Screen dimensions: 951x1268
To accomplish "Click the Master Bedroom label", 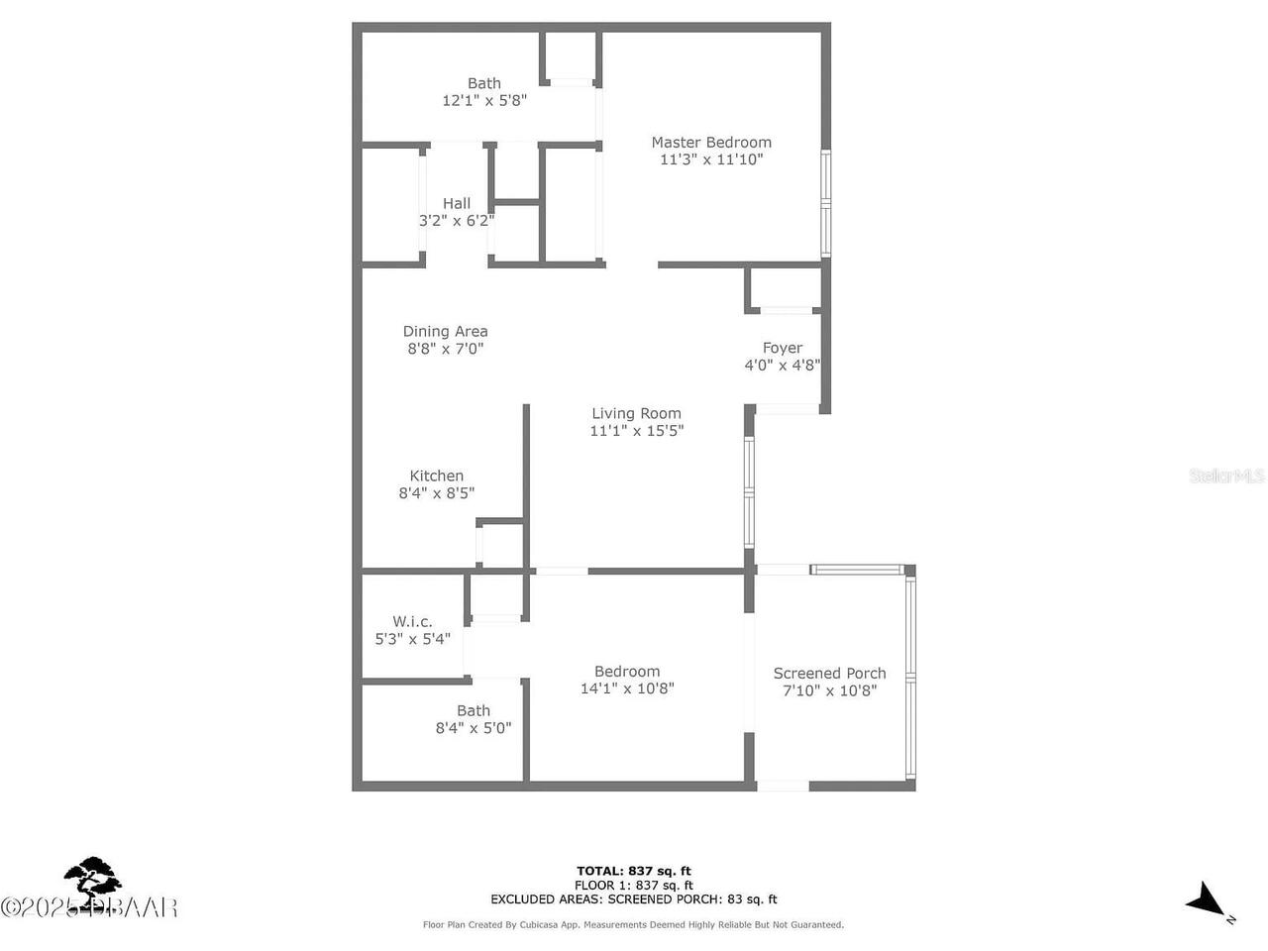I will (x=710, y=143).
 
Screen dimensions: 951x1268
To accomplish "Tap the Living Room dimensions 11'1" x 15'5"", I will (x=636, y=431).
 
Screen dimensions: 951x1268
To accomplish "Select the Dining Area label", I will (x=445, y=332).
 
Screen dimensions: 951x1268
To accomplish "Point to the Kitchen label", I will (x=436, y=476).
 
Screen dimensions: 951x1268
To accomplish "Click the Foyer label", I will (x=782, y=348).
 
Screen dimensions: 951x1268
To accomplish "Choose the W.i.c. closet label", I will (x=412, y=622).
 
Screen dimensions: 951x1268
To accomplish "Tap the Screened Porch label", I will (x=829, y=674).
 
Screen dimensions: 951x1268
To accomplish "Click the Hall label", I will (x=457, y=204).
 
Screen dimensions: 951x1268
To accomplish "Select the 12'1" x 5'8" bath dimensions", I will (x=483, y=100).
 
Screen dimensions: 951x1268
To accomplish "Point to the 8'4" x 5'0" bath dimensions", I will (x=474, y=728).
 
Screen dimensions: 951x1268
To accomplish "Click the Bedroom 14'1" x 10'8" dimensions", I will (x=627, y=688).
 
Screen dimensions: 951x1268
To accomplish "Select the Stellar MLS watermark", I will (x=1226, y=476).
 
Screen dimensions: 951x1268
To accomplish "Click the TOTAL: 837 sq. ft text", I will (x=634, y=872).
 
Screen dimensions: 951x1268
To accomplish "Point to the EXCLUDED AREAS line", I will (x=634, y=899).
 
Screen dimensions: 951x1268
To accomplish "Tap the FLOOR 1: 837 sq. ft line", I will (x=634, y=886).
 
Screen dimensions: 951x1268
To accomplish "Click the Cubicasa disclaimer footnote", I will (x=634, y=925).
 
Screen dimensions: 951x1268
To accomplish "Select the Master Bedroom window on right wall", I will (x=825, y=204).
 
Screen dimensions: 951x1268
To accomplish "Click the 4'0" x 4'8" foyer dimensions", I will (x=782, y=365).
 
